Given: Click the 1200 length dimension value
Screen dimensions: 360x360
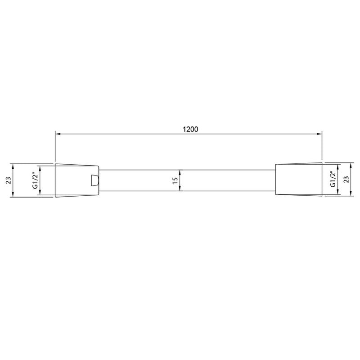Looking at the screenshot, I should (x=190, y=129).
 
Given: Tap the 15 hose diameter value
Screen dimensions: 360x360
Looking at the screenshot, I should (x=175, y=180).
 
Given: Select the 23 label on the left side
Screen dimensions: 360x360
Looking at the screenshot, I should (x=8, y=180).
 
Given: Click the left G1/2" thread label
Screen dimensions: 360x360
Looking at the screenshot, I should (x=34, y=180).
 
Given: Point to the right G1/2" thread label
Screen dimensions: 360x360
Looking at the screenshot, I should (x=333, y=179).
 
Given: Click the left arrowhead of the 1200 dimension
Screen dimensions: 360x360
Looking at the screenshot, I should (x=57, y=134).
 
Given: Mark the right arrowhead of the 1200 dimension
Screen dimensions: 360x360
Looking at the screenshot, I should (x=320, y=134).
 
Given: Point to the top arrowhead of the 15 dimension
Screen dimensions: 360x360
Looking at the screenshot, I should (x=180, y=171).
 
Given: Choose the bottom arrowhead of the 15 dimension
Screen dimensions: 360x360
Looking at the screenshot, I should (x=180, y=189).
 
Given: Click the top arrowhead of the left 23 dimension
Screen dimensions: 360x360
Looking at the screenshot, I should (x=13, y=165).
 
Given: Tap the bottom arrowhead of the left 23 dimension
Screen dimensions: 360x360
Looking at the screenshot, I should (x=13, y=195).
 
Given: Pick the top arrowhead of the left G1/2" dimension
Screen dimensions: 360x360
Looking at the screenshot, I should (x=40, y=167).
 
